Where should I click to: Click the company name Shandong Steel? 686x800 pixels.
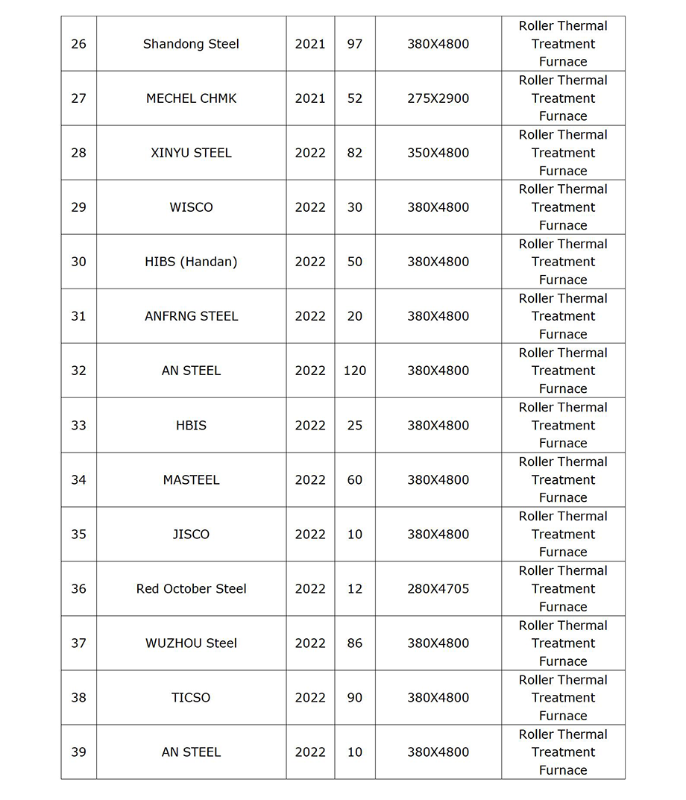(191, 44)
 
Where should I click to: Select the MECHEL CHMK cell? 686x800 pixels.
(191, 98)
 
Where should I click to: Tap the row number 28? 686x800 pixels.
(78, 153)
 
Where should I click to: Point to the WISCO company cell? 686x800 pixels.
(191, 207)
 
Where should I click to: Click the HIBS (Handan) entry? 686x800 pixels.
(191, 262)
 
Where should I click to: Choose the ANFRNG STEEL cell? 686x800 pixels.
(191, 316)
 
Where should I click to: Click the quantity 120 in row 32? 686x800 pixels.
(355, 371)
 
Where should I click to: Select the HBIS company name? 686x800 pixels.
(191, 425)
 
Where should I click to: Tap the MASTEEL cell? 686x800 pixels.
(191, 480)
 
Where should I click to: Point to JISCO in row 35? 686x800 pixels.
(191, 535)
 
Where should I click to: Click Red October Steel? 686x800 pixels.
(191, 589)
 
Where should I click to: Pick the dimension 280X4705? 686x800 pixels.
(438, 589)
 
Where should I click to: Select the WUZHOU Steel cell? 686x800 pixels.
(191, 643)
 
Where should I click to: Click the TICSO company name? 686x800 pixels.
(191, 698)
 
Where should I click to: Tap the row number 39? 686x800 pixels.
(78, 752)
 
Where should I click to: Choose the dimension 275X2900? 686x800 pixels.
(438, 98)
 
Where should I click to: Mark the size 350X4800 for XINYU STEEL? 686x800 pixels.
(438, 153)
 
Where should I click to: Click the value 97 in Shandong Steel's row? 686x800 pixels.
(355, 44)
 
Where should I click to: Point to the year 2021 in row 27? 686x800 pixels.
(310, 98)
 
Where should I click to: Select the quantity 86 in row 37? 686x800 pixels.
(355, 643)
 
